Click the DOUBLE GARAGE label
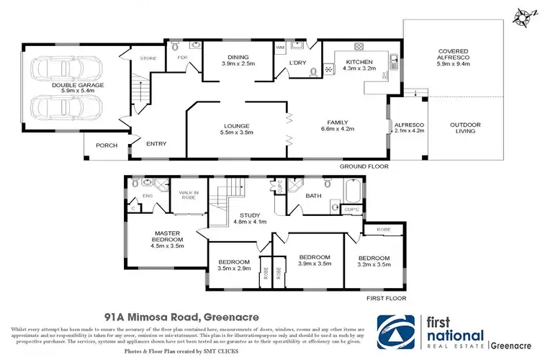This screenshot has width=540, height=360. point(54,85)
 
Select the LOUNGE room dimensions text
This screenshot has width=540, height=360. point(238,133)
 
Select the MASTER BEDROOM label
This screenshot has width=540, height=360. point(171,237)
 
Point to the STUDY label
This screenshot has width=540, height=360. point(250,214)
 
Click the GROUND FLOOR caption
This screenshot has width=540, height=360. point(364,166)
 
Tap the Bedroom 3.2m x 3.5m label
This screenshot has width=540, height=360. point(374,261)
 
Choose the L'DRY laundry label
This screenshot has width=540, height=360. point(297,63)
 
